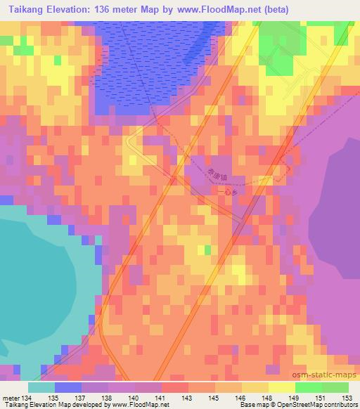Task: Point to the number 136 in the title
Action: (103, 8)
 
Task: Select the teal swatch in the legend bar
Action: (41, 387)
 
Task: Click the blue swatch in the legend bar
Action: (68, 387)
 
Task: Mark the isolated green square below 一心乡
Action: (207, 250)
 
